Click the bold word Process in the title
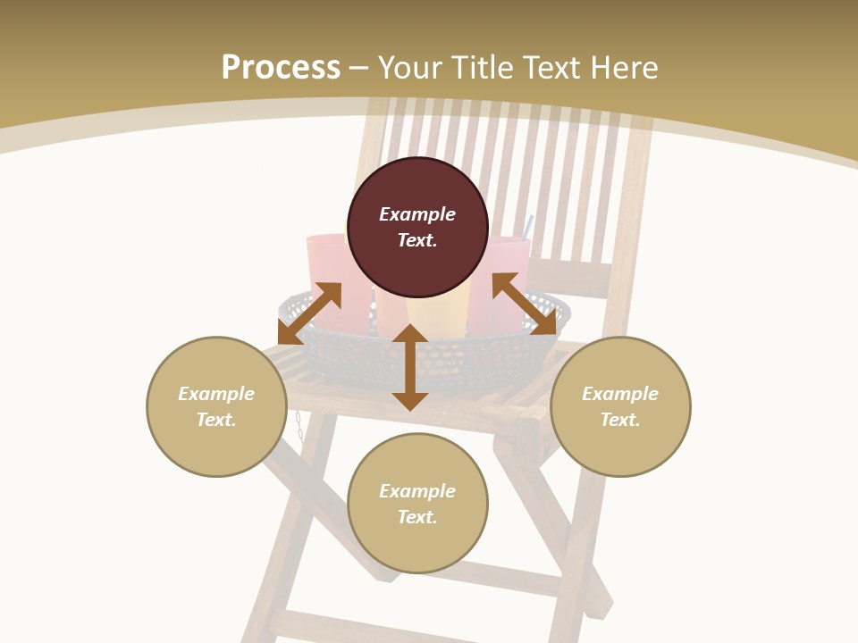pyautogui.click(x=281, y=68)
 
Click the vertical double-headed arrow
pyautogui.click(x=410, y=367)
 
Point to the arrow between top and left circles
pyautogui.click(x=309, y=313)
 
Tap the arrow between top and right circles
pyautogui.click(x=524, y=304)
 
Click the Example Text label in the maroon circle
pyautogui.click(x=417, y=227)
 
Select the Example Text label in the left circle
pyautogui.click(x=216, y=406)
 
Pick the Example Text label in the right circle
pyautogui.click(x=620, y=406)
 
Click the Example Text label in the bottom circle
pyautogui.click(x=417, y=504)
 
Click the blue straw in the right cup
pyautogui.click(x=528, y=226)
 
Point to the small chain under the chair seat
pyautogui.click(x=299, y=423)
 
